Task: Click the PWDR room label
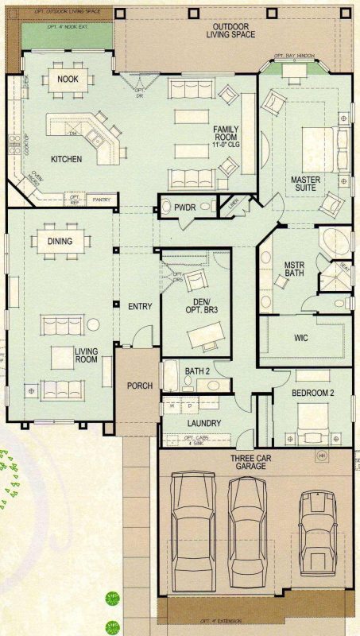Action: point(185,207)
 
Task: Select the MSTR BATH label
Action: point(295,270)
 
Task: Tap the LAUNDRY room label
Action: point(204,424)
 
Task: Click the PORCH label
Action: point(139,386)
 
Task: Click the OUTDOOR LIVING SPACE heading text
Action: point(228,30)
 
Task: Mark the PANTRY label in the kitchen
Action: point(102,200)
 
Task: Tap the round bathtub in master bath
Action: point(331,240)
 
